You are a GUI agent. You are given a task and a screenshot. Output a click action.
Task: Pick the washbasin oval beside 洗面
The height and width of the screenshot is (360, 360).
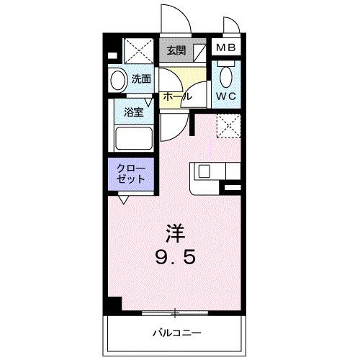tap(117, 80)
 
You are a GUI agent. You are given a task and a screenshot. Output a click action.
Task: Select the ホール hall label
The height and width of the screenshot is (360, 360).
tap(176, 96)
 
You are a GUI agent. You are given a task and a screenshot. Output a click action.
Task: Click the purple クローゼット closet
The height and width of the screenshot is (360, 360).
tap(132, 174)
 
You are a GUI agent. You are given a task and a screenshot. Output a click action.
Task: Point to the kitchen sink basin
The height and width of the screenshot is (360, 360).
tap(204, 172)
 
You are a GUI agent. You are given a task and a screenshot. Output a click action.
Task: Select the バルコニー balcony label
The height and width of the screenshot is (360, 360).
tap(176, 333)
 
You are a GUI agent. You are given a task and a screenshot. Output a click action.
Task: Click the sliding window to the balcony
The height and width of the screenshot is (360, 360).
tap(175, 312)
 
